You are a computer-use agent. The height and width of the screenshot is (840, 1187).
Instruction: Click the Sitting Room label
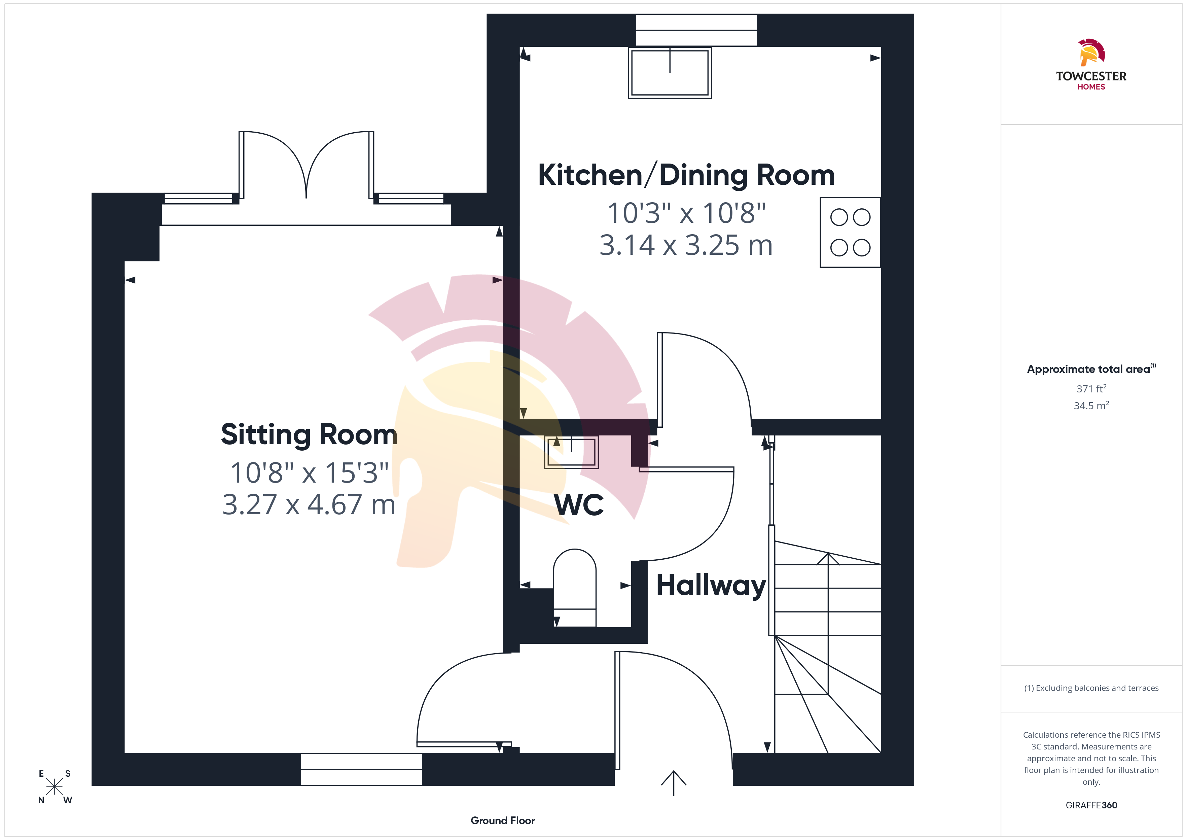[309, 434]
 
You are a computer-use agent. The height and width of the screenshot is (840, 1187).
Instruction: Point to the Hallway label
[711, 586]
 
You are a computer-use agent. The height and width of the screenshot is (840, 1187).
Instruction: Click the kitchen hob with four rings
[850, 232]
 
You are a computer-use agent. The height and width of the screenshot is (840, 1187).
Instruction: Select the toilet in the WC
[574, 588]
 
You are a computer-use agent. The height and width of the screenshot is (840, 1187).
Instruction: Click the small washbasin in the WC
[571, 452]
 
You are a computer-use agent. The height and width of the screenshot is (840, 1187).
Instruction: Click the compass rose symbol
[54, 787]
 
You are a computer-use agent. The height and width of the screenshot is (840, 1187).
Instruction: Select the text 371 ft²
[1091, 388]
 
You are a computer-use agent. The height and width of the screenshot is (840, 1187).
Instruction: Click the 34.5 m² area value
[1091, 406]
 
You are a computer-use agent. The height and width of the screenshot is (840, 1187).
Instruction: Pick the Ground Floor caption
[503, 820]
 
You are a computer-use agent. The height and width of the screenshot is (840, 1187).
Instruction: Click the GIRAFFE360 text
[1091, 805]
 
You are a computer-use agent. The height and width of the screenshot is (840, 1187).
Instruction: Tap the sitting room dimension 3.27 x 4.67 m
[309, 505]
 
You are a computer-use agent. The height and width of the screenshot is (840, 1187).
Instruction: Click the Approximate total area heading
[1091, 369]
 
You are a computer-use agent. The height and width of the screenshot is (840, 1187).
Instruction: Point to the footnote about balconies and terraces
[1091, 688]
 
